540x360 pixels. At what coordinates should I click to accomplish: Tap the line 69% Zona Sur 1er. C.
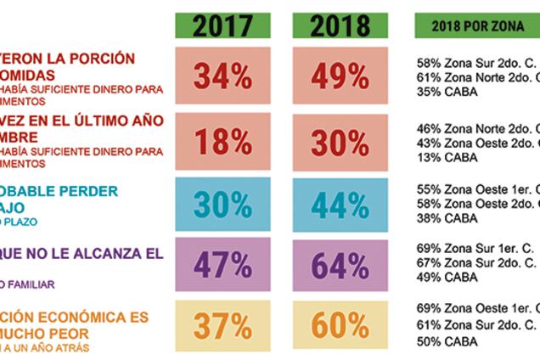click(x=475, y=247)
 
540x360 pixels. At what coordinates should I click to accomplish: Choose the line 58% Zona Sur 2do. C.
click(x=475, y=64)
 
